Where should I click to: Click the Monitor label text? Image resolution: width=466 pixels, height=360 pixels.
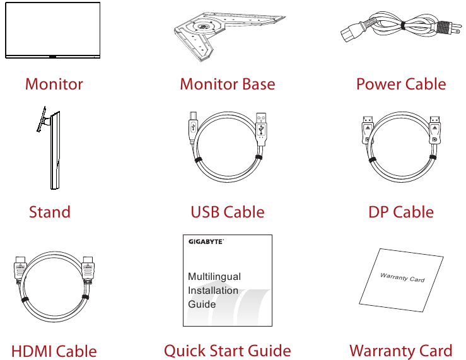click(x=54, y=84)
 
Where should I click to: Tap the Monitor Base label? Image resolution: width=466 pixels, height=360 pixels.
click(x=227, y=84)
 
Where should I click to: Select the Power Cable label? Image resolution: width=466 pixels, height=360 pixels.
click(x=400, y=84)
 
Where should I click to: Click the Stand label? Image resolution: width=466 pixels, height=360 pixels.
click(x=50, y=212)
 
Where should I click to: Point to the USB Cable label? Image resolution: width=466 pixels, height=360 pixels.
click(x=227, y=212)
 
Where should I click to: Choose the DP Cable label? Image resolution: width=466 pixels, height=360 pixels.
click(x=400, y=212)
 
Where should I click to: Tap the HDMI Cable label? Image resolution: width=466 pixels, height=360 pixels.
click(x=54, y=351)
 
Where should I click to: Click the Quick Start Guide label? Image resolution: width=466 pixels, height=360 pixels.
click(x=227, y=351)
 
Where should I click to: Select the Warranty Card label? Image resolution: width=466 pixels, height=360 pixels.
click(x=400, y=351)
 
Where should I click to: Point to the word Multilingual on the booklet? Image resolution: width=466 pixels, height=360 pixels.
click(x=214, y=277)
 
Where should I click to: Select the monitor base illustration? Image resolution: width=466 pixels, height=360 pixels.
click(x=227, y=35)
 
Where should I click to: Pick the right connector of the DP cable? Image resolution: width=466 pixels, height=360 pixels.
click(x=434, y=129)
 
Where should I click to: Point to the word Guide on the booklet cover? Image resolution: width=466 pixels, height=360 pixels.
click(x=202, y=304)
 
